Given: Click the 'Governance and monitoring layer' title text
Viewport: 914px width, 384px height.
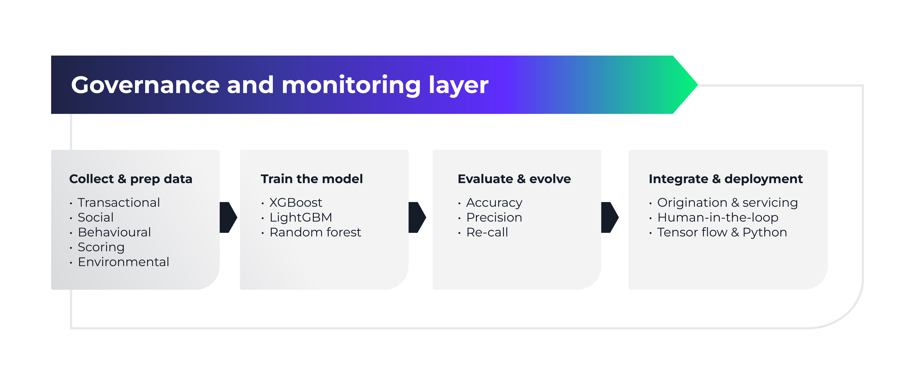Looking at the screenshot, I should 280,85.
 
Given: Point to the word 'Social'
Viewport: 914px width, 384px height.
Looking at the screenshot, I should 95,217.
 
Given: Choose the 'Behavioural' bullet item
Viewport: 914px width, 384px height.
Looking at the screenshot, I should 114,232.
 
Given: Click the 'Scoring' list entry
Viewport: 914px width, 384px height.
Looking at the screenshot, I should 101,247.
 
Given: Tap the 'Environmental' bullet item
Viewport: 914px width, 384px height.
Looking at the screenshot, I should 123,262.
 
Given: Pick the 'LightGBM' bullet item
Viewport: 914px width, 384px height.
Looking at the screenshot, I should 300,217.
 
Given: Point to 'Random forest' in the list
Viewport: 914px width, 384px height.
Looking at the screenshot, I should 315,232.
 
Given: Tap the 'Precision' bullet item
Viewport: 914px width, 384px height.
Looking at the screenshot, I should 494,217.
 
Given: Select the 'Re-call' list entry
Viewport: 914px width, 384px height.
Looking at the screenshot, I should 487,232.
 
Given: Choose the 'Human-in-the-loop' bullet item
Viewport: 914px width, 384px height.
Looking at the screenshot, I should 717,217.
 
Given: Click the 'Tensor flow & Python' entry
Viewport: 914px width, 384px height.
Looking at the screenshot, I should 722,232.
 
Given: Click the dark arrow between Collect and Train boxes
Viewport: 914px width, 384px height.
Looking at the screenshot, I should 228,217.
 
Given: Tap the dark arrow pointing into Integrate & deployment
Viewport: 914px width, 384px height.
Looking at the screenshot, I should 609,217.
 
